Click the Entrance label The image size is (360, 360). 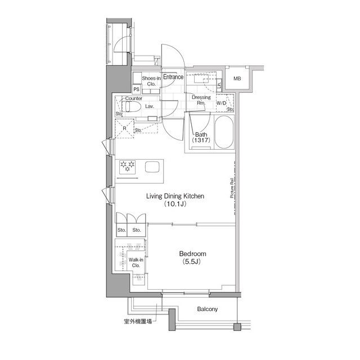[x=173, y=77]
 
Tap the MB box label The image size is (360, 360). [x=238, y=78]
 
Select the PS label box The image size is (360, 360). [x=137, y=89]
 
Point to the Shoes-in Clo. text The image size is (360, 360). [x=151, y=81]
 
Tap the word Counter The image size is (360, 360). [x=133, y=98]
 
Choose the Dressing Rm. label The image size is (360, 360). [x=201, y=100]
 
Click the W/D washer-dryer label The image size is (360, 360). [x=221, y=103]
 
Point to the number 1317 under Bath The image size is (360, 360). [x=202, y=141]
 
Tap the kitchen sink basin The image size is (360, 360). [x=152, y=166]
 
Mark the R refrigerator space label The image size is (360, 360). [x=124, y=128]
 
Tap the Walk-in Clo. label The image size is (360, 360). [x=136, y=263]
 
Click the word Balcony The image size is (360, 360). [x=208, y=309]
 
